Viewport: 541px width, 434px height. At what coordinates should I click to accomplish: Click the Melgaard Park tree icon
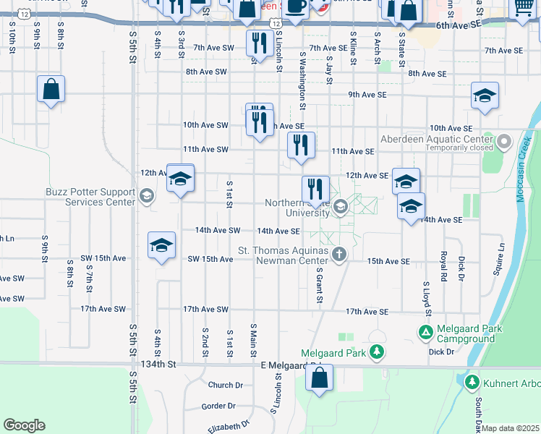[376, 352]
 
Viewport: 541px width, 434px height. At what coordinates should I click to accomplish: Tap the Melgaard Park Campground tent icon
[426, 332]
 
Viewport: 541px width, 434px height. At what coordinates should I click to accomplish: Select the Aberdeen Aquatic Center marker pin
[503, 140]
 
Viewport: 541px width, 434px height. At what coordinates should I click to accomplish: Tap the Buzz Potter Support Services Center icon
[147, 196]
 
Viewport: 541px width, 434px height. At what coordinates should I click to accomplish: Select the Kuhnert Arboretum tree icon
[472, 381]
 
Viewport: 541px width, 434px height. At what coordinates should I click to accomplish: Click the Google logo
[24, 425]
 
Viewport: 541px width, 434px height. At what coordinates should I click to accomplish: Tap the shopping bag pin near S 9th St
[51, 90]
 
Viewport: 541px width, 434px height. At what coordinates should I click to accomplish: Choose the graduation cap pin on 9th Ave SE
[485, 95]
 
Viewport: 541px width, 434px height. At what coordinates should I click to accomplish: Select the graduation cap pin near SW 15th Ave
[161, 245]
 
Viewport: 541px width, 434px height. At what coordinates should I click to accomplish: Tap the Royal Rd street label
[443, 265]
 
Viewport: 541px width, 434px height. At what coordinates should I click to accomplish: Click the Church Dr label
[224, 385]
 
